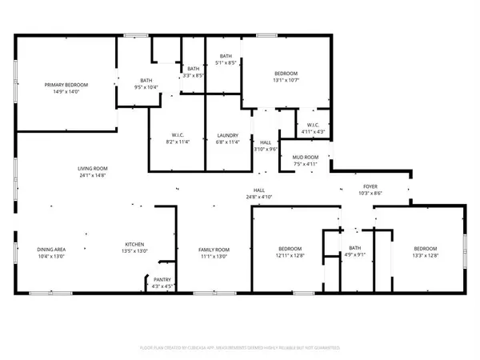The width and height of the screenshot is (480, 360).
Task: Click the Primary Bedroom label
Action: click(x=60, y=85)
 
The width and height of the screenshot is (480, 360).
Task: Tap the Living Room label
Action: click(x=93, y=168)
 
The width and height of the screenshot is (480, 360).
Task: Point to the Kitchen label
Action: click(x=134, y=245)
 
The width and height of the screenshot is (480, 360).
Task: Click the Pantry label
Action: click(x=162, y=280)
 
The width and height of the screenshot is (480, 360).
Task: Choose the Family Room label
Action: click(x=214, y=250)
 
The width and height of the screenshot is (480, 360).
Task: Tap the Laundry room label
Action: click(x=228, y=136)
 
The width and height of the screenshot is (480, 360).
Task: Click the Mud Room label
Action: click(x=306, y=158)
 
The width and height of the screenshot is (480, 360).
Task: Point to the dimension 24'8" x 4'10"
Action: click(x=259, y=196)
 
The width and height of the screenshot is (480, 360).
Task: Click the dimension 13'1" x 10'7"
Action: click(x=286, y=80)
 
